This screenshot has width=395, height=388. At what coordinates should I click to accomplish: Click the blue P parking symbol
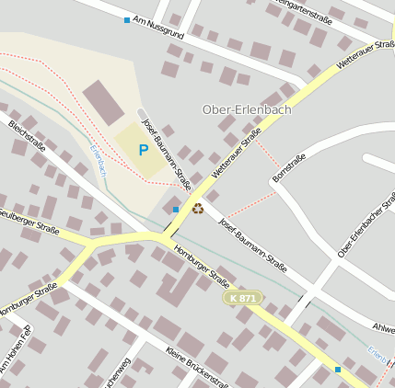pyautogui.click(x=143, y=149)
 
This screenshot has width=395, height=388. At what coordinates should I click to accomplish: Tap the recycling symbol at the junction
pyautogui.click(x=198, y=208)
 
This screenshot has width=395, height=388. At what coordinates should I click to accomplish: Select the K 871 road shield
pyautogui.click(x=243, y=299)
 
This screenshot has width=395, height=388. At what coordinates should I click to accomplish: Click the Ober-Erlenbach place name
pyautogui.click(x=246, y=110)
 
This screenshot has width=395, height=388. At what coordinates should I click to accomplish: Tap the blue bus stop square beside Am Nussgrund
pyautogui.click(x=127, y=19)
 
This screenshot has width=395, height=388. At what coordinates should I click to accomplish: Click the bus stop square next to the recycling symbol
pyautogui.click(x=176, y=210)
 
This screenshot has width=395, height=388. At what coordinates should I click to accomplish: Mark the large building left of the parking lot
pyautogui.click(x=103, y=102)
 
